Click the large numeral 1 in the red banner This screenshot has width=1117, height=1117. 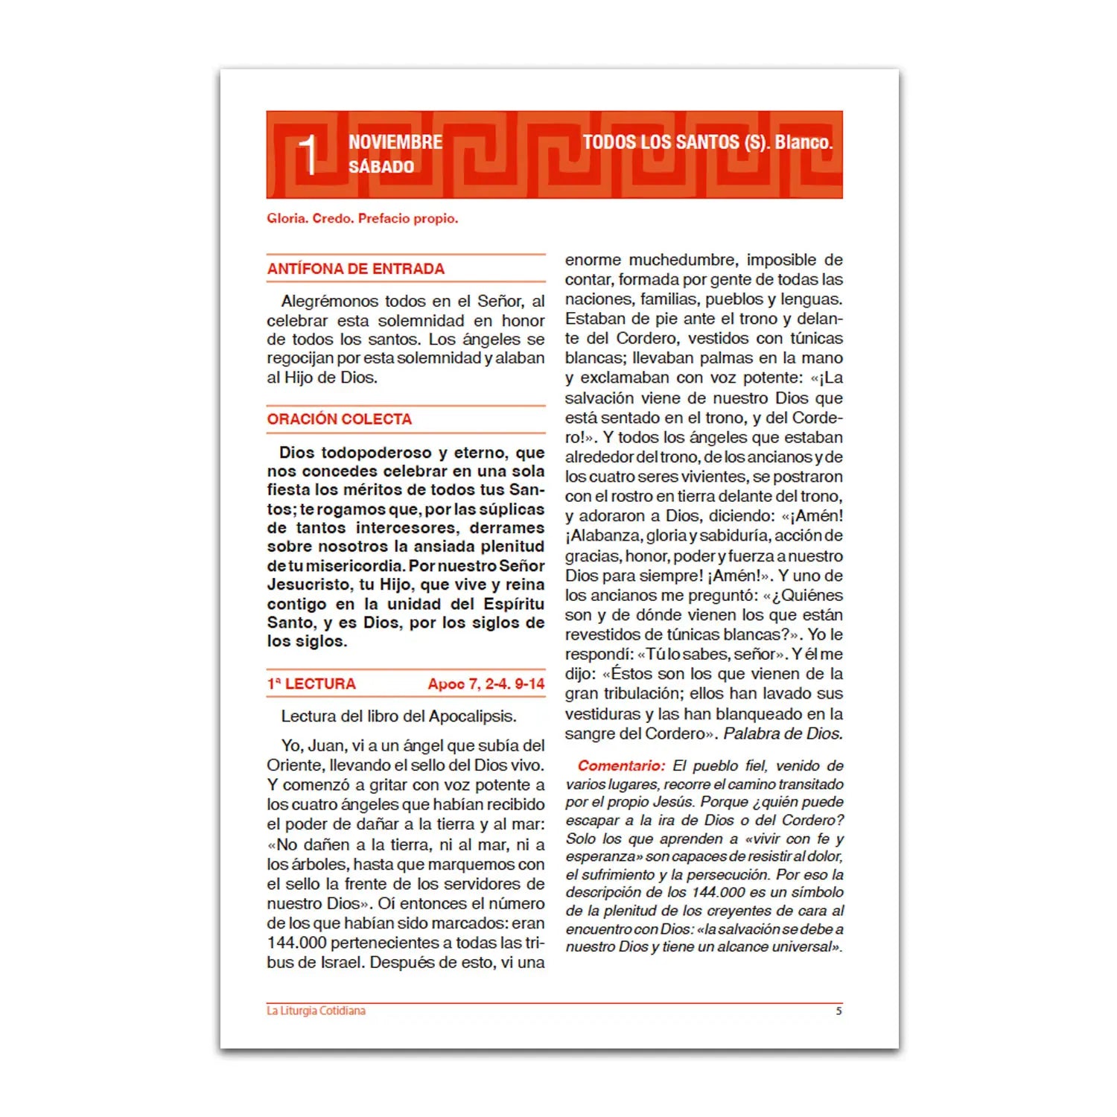308,156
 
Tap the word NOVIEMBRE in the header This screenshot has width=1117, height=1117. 395,142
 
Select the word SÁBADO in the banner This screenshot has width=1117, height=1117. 381,167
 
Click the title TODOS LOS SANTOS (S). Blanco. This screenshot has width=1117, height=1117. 707,142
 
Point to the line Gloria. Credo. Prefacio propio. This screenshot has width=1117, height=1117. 363,218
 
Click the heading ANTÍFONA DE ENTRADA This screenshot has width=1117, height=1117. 356,269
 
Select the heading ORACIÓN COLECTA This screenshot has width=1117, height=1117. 340,419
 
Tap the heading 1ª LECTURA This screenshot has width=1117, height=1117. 311,684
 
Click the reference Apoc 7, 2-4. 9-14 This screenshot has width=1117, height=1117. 486,684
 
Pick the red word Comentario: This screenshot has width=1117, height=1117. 621,766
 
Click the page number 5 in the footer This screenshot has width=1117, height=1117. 838,1011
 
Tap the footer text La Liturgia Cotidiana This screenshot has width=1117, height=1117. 316,1011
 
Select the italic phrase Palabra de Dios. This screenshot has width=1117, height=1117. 783,733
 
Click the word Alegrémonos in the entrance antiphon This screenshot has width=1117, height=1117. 328,301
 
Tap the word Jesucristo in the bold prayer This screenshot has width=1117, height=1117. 309,585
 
